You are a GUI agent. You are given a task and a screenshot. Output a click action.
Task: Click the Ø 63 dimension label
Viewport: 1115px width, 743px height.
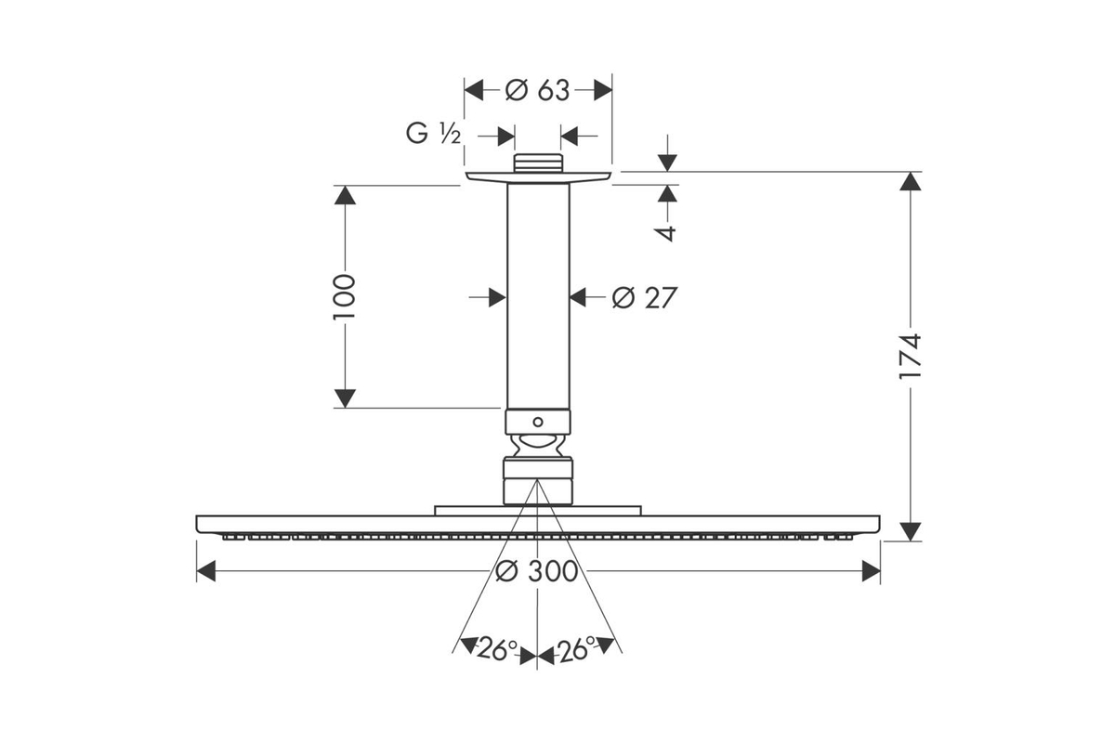pyautogui.click(x=537, y=91)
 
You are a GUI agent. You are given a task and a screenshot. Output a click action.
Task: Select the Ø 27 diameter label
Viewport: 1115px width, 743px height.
pyautogui.click(x=645, y=297)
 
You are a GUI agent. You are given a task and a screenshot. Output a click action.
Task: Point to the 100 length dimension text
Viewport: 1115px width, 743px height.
pyautogui.click(x=345, y=296)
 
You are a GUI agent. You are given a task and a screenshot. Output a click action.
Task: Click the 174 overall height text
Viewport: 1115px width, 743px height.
pyautogui.click(x=911, y=357)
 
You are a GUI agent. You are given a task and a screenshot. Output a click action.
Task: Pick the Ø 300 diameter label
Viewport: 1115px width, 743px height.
pyautogui.click(x=537, y=571)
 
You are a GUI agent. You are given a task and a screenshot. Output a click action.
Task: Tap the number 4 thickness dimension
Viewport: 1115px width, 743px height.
pyautogui.click(x=667, y=233)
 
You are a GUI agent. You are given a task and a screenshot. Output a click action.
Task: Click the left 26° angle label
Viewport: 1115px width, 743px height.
pyautogui.click(x=498, y=649)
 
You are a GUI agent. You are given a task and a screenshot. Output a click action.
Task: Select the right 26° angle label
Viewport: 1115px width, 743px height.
pyautogui.click(x=576, y=649)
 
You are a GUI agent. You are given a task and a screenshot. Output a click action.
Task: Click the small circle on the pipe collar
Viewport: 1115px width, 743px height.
pyautogui.click(x=538, y=422)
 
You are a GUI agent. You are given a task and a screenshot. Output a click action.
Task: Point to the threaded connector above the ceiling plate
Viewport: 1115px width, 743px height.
pyautogui.click(x=538, y=163)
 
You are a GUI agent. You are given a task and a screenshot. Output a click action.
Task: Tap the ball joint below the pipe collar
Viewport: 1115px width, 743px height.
pyautogui.click(x=538, y=445)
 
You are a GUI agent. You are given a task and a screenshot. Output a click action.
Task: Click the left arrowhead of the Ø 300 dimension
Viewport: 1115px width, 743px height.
pyautogui.click(x=206, y=571)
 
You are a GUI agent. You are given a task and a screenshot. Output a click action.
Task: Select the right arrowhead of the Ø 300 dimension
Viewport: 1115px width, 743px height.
pyautogui.click(x=872, y=571)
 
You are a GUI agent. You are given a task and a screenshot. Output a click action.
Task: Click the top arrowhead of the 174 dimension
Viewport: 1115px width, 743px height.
pyautogui.click(x=911, y=181)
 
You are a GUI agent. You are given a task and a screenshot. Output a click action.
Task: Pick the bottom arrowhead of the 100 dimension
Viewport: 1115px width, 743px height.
pyautogui.click(x=345, y=398)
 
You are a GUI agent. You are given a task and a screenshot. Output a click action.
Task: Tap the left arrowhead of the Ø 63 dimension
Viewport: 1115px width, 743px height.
pyautogui.click(x=474, y=91)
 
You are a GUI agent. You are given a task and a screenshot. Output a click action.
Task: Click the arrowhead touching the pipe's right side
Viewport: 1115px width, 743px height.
pyautogui.click(x=578, y=297)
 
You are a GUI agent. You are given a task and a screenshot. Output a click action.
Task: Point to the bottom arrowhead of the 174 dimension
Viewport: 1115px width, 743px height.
pyautogui.click(x=911, y=531)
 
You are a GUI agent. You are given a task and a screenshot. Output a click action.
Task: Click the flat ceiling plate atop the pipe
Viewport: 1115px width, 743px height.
pyautogui.click(x=538, y=177)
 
